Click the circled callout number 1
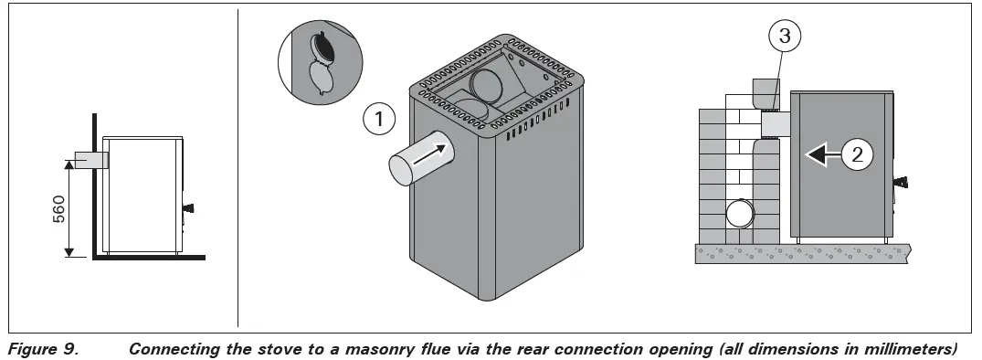(x=377, y=119)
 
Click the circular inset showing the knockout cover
(x=317, y=61)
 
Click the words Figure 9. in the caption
(x=37, y=348)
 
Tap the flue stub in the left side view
(x=90, y=160)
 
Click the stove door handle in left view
(x=188, y=209)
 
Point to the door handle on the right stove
(x=902, y=181)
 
